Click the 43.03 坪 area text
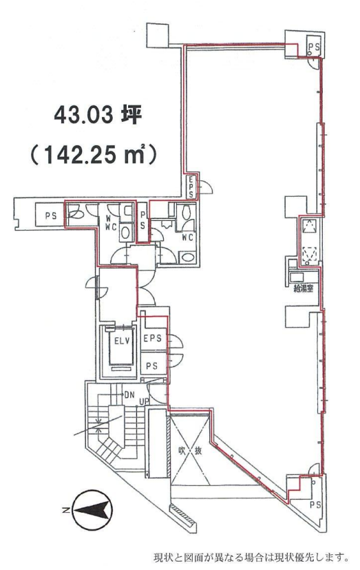(x=98, y=115)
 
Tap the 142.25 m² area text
(x=94, y=155)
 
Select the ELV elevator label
(x=122, y=341)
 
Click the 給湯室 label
(x=304, y=289)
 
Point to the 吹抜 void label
(x=190, y=451)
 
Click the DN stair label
(x=129, y=395)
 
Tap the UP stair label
(x=145, y=402)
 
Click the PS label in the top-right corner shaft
(x=314, y=47)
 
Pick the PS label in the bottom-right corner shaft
(x=315, y=505)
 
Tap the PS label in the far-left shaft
(x=51, y=216)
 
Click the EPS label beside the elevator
(x=152, y=339)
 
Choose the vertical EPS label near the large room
(x=191, y=187)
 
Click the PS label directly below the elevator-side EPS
(x=151, y=366)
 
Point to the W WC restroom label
(x=110, y=224)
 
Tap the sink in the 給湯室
(x=297, y=277)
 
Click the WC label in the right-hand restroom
(x=187, y=237)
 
